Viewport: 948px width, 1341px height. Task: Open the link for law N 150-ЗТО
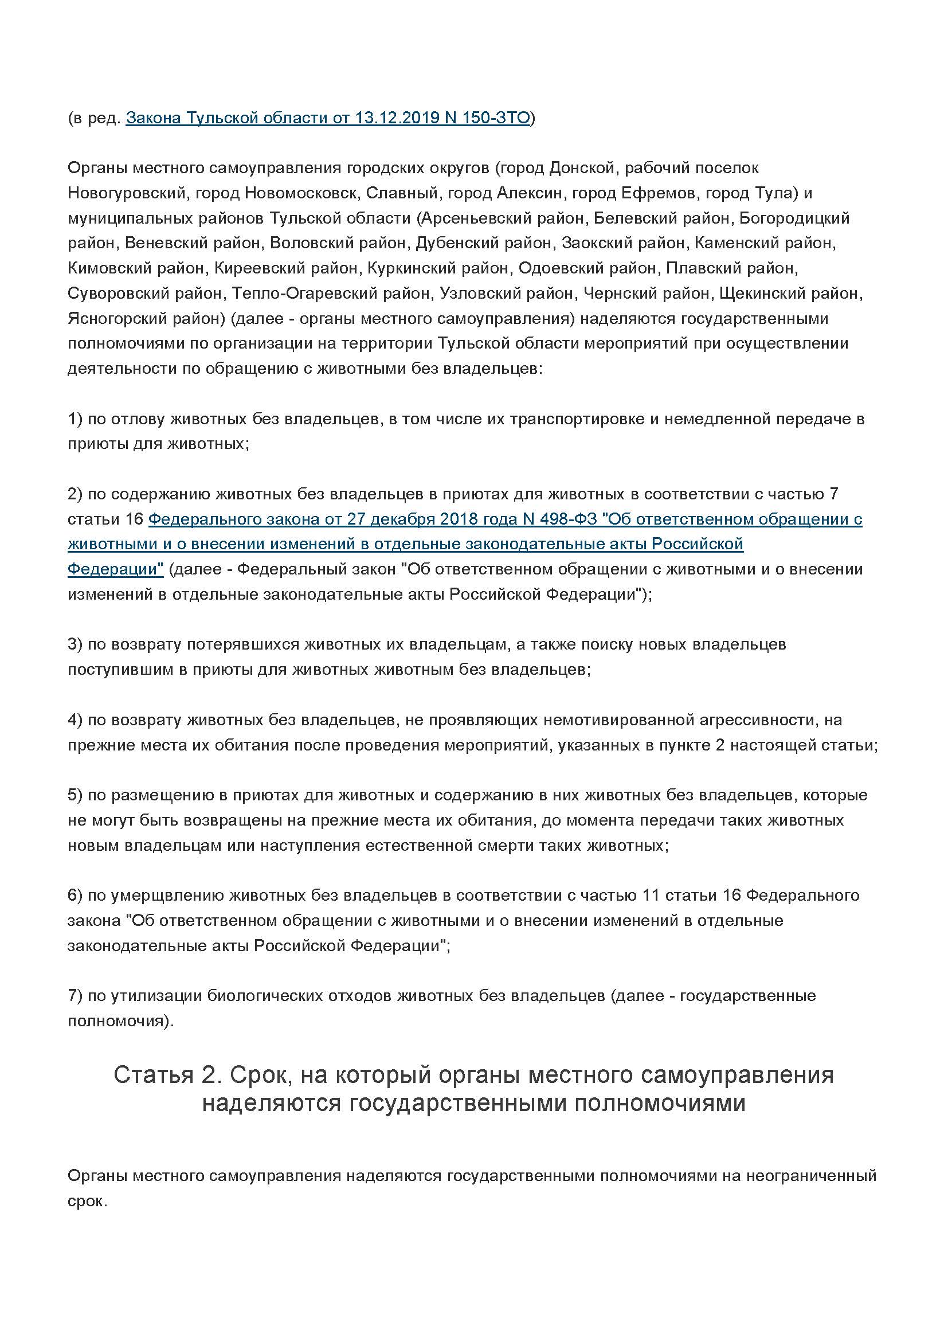(x=327, y=119)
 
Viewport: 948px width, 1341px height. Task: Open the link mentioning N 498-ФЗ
(x=505, y=519)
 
